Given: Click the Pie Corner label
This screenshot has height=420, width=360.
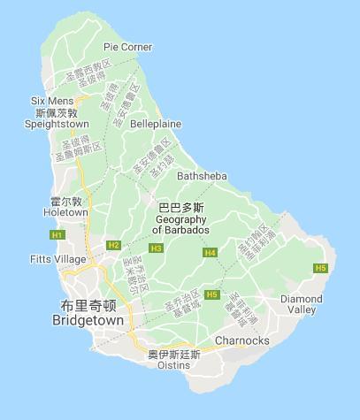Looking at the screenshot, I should (x=127, y=47).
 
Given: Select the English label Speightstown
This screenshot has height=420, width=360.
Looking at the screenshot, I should (x=63, y=125).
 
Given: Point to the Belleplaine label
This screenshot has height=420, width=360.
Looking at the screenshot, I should (x=155, y=126).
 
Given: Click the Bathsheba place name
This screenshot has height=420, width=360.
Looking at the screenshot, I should (x=202, y=176).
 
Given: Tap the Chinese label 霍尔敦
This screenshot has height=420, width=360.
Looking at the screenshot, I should (x=66, y=202).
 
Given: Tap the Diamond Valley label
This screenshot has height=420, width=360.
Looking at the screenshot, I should (x=303, y=304).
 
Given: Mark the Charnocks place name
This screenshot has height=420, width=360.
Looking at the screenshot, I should (x=241, y=340).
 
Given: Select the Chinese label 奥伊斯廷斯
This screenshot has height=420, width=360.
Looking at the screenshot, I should (x=174, y=355).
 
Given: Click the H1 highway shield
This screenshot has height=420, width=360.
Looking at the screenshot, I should (x=57, y=235).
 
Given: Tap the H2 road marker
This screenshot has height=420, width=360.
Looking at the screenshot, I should (x=112, y=245).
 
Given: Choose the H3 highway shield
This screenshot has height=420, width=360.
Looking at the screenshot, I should (x=157, y=248).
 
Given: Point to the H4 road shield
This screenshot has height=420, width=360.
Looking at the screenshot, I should (x=210, y=253).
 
